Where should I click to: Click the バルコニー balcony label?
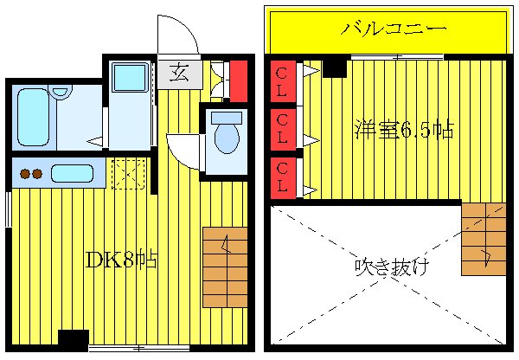[394, 29]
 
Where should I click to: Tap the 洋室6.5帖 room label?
[403, 130]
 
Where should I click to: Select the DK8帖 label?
[121, 259]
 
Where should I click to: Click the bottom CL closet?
[282, 177]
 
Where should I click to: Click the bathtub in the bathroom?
[33, 116]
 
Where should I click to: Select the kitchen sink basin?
[72, 173]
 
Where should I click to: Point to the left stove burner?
[25, 174]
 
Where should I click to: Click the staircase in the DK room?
[225, 267]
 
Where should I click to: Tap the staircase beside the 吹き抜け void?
[484, 238]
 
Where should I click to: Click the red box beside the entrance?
[239, 80]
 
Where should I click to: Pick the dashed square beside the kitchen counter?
[128, 173]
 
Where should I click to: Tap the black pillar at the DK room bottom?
[73, 340]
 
